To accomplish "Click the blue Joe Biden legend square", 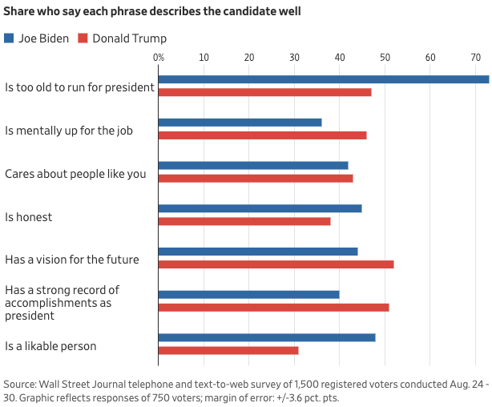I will pyautogui.click(x=9, y=38).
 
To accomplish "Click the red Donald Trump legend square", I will pyautogui.click(x=83, y=38).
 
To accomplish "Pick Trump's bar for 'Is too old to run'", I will pyautogui.click(x=264, y=92).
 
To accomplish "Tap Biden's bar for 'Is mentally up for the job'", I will pyautogui.click(x=240, y=123).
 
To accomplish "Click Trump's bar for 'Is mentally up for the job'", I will pyautogui.click(x=262, y=135).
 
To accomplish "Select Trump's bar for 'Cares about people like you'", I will pyautogui.click(x=256, y=178).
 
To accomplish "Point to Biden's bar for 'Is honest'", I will pyautogui.click(x=260, y=208).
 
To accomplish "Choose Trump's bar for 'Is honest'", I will pyautogui.click(x=244, y=221).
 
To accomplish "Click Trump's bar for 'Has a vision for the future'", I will pyautogui.click(x=276, y=264).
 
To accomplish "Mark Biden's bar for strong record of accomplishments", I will pyautogui.click(x=248, y=294).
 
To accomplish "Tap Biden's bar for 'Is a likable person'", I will pyautogui.click(x=267, y=337).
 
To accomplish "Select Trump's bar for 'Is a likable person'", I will pyautogui.click(x=228, y=350).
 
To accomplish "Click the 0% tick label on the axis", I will pyautogui.click(x=159, y=58).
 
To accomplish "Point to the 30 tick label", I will pyautogui.click(x=295, y=58).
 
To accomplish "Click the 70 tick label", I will pyautogui.click(x=476, y=58).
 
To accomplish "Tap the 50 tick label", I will pyautogui.click(x=385, y=58).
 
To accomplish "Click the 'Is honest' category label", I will pyautogui.click(x=29, y=216).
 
